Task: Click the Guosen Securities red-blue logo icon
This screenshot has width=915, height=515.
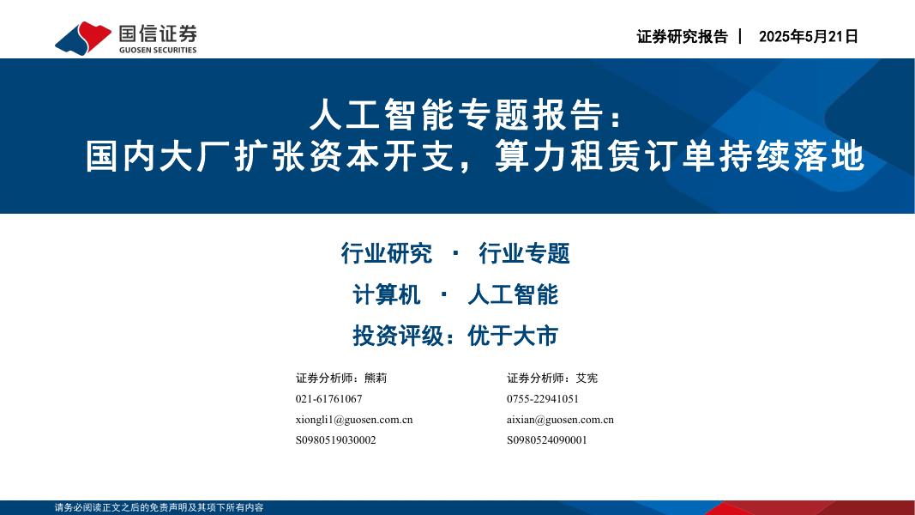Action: point(83,37)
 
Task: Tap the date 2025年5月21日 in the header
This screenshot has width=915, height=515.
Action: point(808,37)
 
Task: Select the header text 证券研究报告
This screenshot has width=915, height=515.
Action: point(682,37)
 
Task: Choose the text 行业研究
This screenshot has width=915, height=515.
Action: point(386,253)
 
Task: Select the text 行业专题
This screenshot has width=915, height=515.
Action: point(524,253)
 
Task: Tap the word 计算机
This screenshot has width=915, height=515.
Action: point(387,294)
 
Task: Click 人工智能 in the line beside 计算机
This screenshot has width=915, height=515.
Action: point(512,294)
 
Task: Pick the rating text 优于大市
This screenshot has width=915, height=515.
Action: point(513,336)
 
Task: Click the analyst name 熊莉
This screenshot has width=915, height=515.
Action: point(376,378)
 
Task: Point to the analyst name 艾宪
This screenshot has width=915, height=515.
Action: point(587,378)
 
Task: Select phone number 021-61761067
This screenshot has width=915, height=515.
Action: point(328,399)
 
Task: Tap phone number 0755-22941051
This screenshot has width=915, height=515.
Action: point(543,399)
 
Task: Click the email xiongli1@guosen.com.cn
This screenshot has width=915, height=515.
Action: point(354,420)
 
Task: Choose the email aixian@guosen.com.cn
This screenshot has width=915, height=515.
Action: point(560,420)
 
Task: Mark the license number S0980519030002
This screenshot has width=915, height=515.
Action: point(335,440)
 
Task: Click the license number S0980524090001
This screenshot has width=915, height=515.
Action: point(547,440)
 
